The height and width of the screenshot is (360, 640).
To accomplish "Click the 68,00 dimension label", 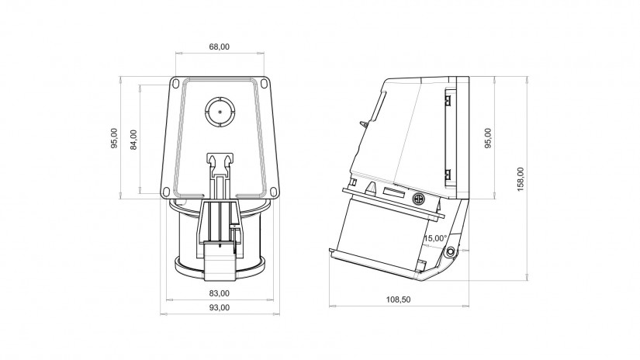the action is [220, 47].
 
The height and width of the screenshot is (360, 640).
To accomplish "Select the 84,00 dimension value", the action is [134, 140].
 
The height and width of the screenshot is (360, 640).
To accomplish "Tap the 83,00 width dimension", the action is [220, 293].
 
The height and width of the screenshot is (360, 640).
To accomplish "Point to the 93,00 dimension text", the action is [220, 308].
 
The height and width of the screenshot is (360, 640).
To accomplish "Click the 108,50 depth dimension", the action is [399, 299].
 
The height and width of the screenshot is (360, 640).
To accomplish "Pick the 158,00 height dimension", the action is [521, 179].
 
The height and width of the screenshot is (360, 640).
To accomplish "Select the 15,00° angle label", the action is [435, 238].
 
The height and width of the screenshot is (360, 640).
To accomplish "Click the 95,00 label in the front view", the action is [114, 138].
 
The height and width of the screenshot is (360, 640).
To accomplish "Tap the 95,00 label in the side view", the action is [488, 138].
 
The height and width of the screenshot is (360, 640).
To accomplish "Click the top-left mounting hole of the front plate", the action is [175, 83].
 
